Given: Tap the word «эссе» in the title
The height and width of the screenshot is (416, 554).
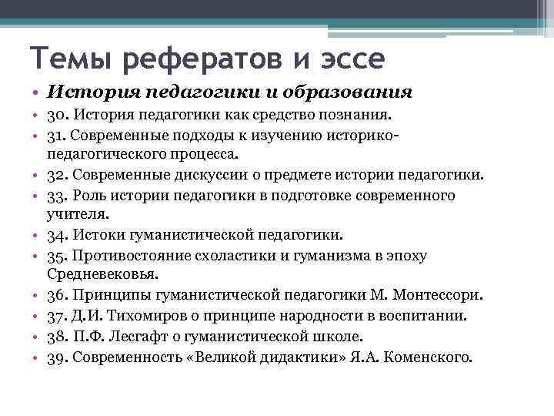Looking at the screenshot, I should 347,59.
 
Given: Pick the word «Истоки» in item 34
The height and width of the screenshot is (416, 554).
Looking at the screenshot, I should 102,235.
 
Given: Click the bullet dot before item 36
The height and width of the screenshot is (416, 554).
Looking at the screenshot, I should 37,295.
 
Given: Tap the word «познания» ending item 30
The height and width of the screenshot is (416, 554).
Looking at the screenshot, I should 355,115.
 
